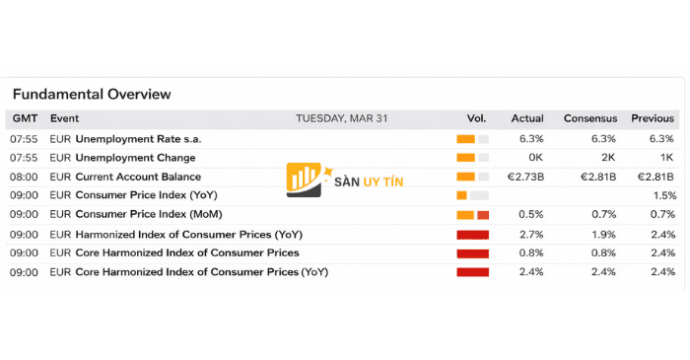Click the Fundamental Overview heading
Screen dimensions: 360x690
(92, 94)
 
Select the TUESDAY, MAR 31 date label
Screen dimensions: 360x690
(341, 118)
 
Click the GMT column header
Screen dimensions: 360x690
(24, 118)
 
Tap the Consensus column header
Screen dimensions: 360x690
(589, 118)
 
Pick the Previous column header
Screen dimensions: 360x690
(653, 118)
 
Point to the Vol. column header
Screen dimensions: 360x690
(476, 118)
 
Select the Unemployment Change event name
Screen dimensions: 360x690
(135, 158)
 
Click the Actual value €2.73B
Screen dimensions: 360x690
(525, 177)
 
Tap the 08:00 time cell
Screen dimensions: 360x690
(24, 177)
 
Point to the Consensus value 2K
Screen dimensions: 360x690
(607, 158)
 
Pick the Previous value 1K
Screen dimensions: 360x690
(666, 158)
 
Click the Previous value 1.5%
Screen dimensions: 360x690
(663, 195)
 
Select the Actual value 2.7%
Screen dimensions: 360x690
(531, 234)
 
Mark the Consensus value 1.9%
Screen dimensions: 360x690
(603, 234)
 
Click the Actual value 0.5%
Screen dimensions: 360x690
(531, 214)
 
